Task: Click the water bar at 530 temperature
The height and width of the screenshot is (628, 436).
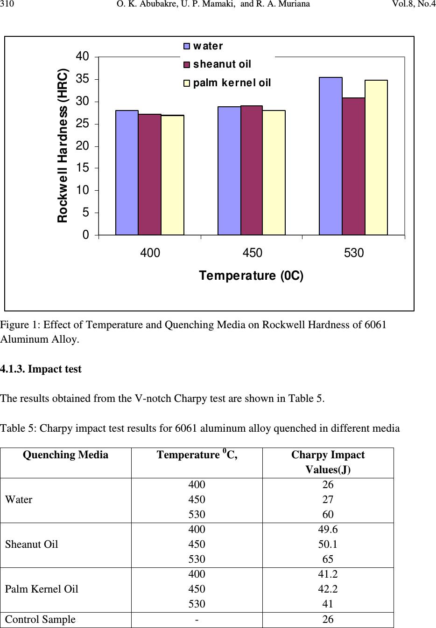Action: coord(331,156)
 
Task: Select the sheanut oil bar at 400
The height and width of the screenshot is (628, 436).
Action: coord(149,174)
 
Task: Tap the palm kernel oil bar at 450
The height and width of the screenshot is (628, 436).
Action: coord(274,173)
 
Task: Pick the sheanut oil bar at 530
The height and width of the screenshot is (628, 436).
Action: coord(353,166)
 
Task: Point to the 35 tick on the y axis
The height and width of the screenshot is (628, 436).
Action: coord(83,79)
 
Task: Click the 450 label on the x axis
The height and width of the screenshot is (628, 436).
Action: coord(252,253)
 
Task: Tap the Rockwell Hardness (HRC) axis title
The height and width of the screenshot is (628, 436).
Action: coord(63,145)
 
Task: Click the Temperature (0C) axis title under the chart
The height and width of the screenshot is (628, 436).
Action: coord(251,276)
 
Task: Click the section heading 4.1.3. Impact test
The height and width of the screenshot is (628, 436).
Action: coord(41,369)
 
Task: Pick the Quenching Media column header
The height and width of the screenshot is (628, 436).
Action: coord(65,455)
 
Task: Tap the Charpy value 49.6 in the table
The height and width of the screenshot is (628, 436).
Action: coord(328,529)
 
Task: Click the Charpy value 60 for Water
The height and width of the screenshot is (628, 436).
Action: coord(328,514)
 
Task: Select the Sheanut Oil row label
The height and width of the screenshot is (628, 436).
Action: coord(31,544)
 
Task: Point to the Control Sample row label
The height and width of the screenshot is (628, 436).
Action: coord(40,619)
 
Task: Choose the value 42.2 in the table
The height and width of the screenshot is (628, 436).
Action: coord(328,589)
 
